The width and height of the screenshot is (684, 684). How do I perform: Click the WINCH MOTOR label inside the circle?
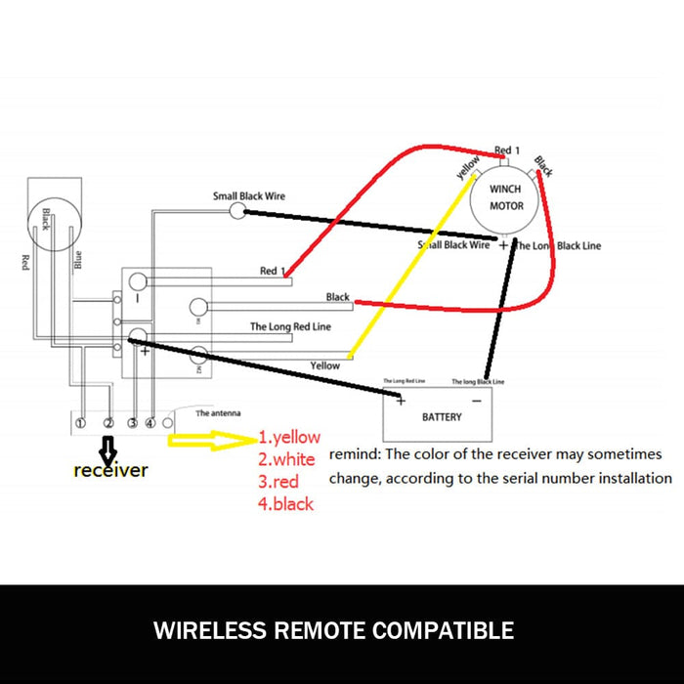click(506, 197)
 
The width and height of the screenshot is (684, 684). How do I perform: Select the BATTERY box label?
click(442, 417)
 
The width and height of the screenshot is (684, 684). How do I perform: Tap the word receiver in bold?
click(111, 470)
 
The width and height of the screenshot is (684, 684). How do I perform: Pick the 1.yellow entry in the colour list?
click(289, 437)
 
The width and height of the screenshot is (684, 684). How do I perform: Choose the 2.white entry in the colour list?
click(286, 458)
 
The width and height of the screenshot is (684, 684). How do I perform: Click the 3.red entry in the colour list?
click(278, 481)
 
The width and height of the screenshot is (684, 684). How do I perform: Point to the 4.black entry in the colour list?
click(285, 503)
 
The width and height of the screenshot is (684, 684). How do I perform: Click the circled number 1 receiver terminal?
click(80, 423)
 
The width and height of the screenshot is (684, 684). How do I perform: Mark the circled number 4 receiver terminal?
click(150, 423)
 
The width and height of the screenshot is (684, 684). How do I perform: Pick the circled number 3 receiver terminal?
click(131, 423)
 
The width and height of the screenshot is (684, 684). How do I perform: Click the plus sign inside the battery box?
click(401, 401)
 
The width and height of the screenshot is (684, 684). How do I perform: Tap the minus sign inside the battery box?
click(476, 401)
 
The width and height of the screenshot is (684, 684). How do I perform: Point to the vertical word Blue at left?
click(78, 260)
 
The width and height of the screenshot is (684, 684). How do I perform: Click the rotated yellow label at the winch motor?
click(468, 168)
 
